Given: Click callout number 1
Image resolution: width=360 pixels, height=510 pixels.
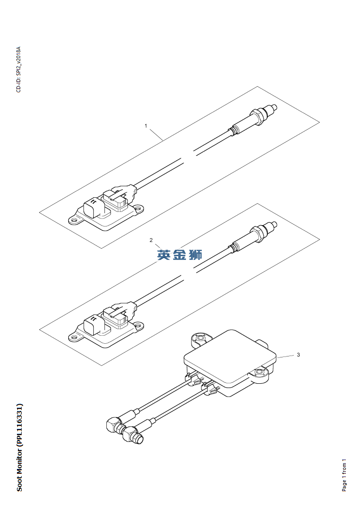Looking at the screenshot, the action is point(146,126).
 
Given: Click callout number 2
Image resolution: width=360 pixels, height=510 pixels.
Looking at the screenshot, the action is point(151,240).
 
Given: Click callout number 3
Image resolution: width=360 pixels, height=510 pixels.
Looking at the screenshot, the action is point(298,355).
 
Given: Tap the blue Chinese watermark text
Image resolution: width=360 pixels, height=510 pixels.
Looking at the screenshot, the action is point(179,255).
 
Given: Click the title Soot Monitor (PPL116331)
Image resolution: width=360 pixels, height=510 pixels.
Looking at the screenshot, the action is point(19,447).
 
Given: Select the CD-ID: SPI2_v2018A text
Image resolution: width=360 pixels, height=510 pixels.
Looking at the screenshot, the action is point(18,69).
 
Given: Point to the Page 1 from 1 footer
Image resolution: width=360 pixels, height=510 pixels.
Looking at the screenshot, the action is point(344,475).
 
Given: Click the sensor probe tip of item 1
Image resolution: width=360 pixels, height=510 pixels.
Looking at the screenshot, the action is point(274,107).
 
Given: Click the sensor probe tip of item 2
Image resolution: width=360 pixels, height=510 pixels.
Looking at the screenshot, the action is point(274,224).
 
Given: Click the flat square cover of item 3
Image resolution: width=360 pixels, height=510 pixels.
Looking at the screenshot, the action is point(230,356).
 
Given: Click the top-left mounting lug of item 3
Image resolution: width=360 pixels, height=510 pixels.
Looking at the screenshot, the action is point(200,339).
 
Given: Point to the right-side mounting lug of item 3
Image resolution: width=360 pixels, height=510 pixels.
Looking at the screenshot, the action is point(261,373).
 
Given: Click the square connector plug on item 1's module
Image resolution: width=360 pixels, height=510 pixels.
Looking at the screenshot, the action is point(92,207).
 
